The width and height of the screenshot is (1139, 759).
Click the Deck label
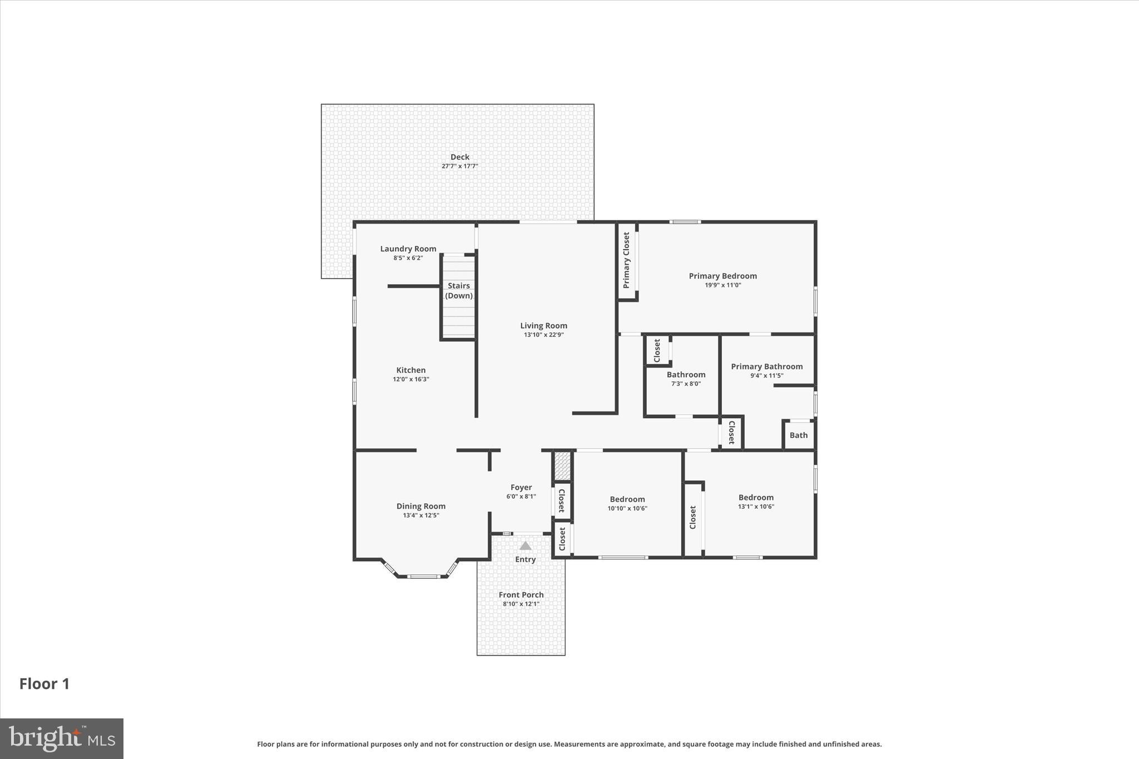(x=459, y=157)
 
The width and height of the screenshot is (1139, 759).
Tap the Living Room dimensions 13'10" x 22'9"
(x=543, y=335)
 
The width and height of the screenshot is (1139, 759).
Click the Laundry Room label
(x=408, y=249)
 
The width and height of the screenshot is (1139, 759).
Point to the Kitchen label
(x=410, y=370)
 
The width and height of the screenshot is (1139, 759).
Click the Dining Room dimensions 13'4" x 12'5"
(x=420, y=515)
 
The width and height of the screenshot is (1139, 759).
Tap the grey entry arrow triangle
(x=525, y=546)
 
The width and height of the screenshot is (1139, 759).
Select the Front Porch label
(x=521, y=594)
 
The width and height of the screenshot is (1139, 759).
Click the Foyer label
(x=521, y=487)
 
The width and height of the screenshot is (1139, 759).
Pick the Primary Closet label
(x=626, y=260)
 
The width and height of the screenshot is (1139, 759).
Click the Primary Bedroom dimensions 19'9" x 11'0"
(x=722, y=285)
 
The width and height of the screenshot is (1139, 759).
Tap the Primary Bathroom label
(x=766, y=366)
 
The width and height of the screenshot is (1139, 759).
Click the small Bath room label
(x=798, y=435)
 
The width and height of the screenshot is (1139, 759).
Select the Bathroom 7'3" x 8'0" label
(x=686, y=375)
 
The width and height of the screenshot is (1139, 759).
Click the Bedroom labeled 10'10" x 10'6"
(x=627, y=499)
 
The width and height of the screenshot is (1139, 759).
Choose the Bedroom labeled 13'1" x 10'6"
(x=756, y=498)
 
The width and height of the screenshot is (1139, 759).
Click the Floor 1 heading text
(x=44, y=684)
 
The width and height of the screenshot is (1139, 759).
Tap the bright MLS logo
(x=62, y=738)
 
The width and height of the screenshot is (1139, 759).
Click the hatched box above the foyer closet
(x=562, y=465)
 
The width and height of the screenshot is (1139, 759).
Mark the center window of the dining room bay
(x=423, y=577)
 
